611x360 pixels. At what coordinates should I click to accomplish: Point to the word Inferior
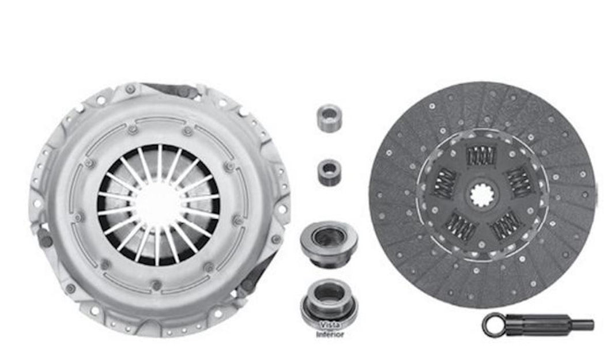tap(330, 334)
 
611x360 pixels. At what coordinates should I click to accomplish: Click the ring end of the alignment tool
tap(493, 324)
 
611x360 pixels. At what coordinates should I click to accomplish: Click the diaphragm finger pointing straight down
tap(156, 245)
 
